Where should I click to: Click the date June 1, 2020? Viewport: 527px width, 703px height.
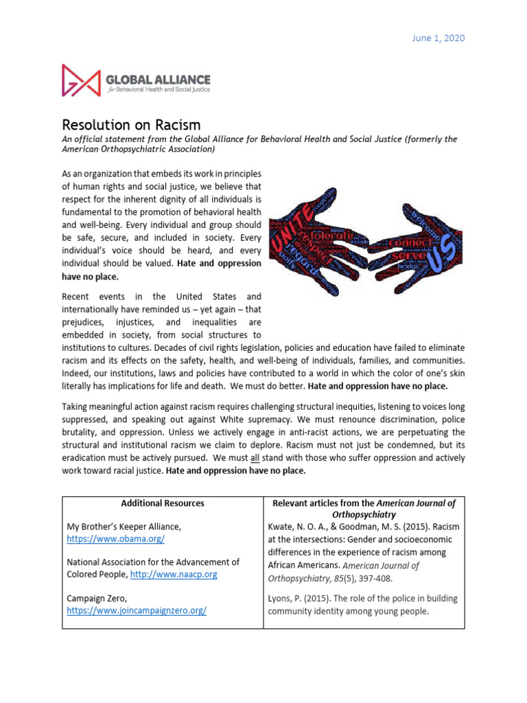[440, 38]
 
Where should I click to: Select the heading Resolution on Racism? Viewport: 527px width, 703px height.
[131, 125]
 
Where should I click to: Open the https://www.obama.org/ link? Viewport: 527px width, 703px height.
[115, 539]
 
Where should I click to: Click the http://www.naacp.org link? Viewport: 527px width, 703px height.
[174, 574]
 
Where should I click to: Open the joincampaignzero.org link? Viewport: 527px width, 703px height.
[137, 610]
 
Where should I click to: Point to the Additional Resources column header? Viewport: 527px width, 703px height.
[163, 503]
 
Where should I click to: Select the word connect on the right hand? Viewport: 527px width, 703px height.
[410, 242]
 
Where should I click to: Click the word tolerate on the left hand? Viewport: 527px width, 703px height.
[333, 235]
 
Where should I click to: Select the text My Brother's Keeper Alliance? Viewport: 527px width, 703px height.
[124, 527]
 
